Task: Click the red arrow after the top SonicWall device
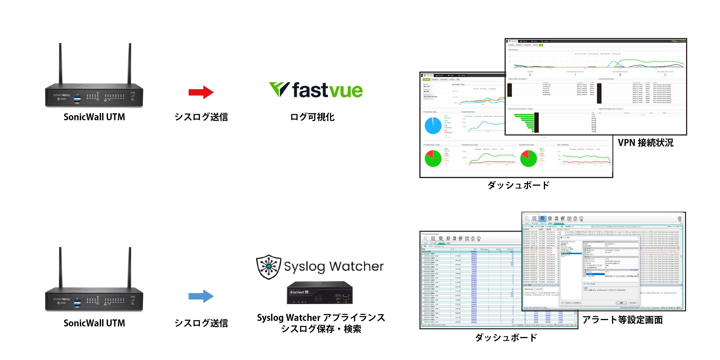click(x=201, y=92)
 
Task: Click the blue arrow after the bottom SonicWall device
click(x=201, y=296)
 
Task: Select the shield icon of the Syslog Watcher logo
click(x=269, y=267)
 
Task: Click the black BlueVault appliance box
click(x=319, y=293)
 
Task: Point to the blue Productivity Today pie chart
click(x=433, y=126)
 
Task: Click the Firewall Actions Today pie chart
click(x=433, y=158)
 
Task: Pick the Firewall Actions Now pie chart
click(x=528, y=158)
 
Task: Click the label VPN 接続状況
click(x=645, y=143)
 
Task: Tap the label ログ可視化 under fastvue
click(x=312, y=117)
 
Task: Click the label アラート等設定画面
click(x=623, y=320)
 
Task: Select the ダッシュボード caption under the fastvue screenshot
click(x=518, y=185)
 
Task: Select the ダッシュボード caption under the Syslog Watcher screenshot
click(x=506, y=337)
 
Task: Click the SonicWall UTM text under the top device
click(x=94, y=117)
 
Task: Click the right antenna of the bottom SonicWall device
click(x=130, y=267)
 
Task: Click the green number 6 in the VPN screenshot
click(x=530, y=75)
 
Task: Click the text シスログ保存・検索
click(x=321, y=329)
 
